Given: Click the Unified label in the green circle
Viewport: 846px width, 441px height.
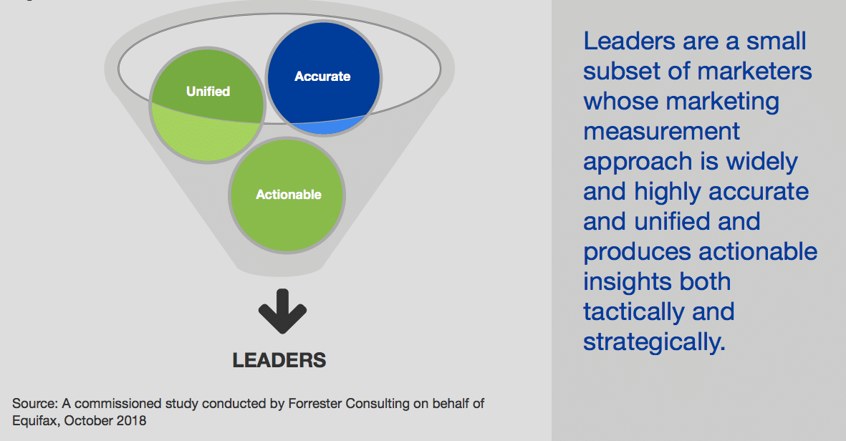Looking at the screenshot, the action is click(x=208, y=92).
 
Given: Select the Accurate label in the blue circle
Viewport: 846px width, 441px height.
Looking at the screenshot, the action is click(x=322, y=77).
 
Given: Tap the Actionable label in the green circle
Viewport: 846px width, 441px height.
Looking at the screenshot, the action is click(x=288, y=195).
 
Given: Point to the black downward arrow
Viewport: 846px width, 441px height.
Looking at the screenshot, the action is click(x=282, y=311).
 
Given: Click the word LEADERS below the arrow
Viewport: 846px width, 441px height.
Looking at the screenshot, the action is click(x=279, y=360).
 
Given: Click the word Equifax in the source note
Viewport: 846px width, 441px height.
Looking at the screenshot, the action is click(x=34, y=421).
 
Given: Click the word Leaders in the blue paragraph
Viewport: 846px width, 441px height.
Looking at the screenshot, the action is click(x=629, y=42).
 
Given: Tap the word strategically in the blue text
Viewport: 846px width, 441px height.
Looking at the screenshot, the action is click(x=654, y=342).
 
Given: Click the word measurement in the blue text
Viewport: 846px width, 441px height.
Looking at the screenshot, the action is click(x=661, y=132).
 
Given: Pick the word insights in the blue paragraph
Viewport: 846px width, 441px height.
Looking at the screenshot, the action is click(x=627, y=282).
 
